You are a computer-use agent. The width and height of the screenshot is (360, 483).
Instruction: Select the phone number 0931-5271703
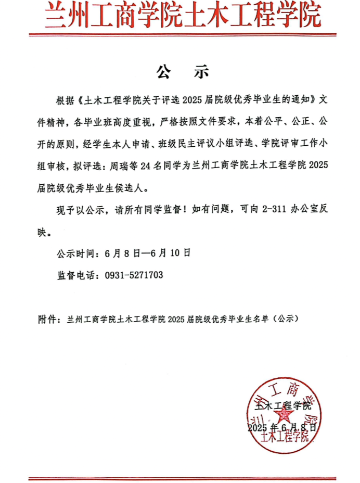click(134, 275)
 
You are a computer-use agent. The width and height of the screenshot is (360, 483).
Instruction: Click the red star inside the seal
click(284, 415)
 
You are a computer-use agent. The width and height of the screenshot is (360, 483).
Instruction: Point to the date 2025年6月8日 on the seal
click(282, 427)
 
